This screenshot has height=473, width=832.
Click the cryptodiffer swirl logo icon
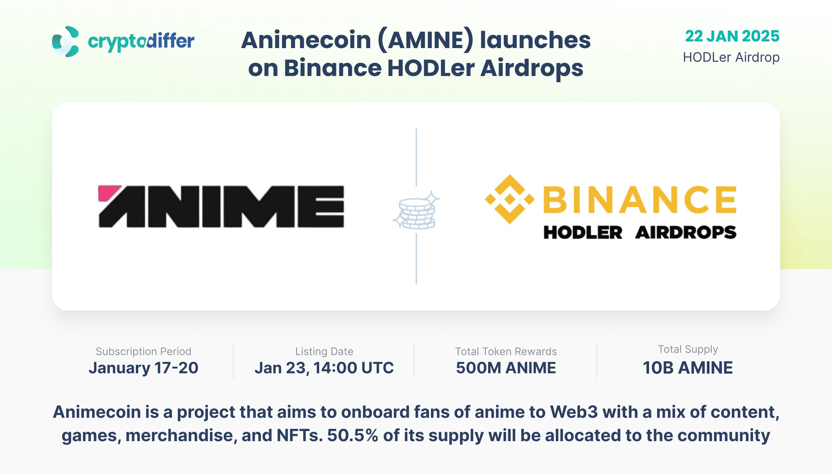(x=65, y=42)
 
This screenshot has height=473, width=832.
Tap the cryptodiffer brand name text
(x=141, y=42)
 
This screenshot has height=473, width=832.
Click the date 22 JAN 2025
(x=732, y=36)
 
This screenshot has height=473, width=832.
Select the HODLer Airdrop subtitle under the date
(x=731, y=57)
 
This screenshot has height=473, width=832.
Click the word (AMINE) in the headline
(x=426, y=41)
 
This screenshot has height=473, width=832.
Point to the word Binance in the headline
(x=333, y=68)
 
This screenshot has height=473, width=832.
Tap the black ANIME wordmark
(x=221, y=207)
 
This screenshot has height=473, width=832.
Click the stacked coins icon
(x=416, y=211)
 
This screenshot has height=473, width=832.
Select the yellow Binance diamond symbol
(x=510, y=199)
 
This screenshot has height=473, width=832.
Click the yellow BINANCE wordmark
(x=640, y=199)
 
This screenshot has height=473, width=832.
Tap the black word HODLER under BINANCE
(x=583, y=233)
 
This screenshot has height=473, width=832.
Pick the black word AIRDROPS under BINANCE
(x=686, y=233)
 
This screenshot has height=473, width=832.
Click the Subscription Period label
(x=143, y=352)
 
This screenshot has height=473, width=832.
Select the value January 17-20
(x=143, y=368)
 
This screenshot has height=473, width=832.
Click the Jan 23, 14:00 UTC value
(x=324, y=368)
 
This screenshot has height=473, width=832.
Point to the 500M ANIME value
(x=506, y=368)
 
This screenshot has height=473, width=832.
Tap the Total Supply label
(x=688, y=350)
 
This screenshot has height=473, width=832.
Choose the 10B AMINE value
(x=688, y=368)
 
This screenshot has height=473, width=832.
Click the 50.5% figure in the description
(x=353, y=435)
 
